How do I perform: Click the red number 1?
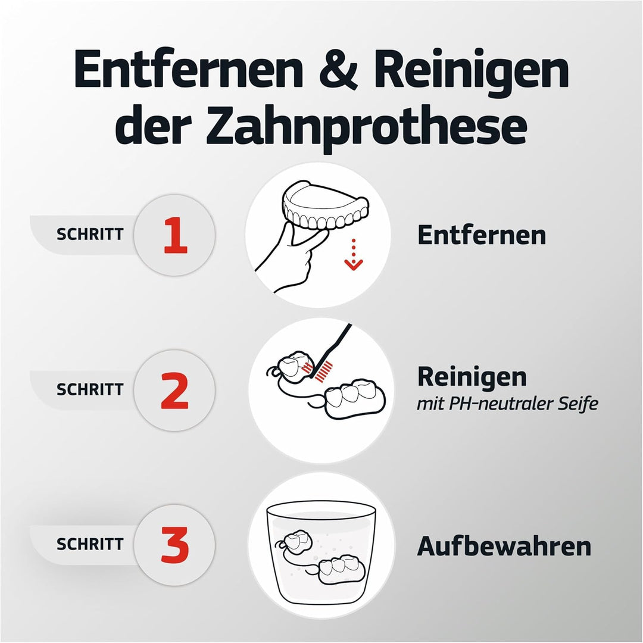pyautogui.click(x=175, y=235)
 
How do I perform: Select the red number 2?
pyautogui.click(x=174, y=391)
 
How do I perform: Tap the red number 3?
pyautogui.click(x=174, y=545)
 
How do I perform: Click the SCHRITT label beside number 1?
pyautogui.click(x=90, y=235)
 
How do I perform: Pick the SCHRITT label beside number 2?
pyautogui.click(x=90, y=390)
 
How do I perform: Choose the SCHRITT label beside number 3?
pyautogui.click(x=90, y=544)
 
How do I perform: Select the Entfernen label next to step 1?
pyautogui.click(x=481, y=235)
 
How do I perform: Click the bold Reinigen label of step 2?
pyautogui.click(x=472, y=377)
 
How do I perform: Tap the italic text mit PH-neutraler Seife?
pyautogui.click(x=507, y=404)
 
